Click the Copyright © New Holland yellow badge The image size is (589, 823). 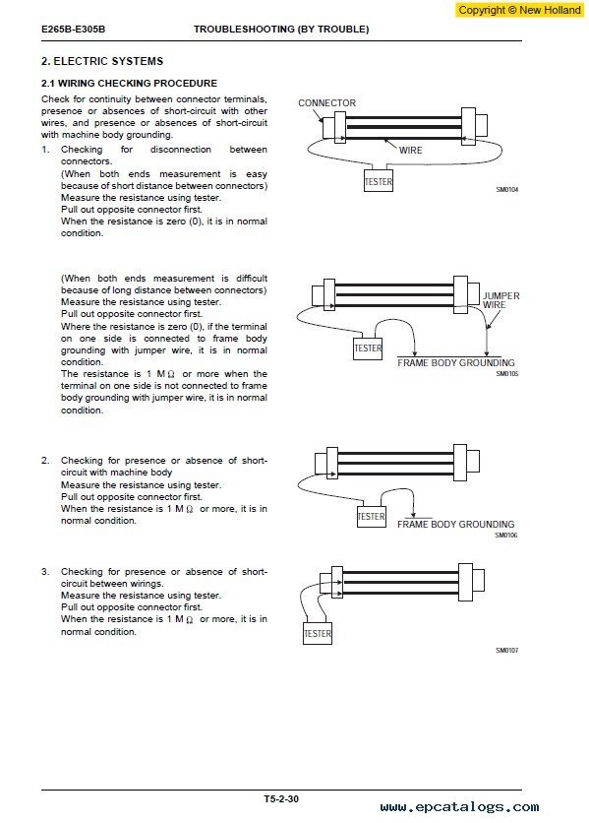pos(519,10)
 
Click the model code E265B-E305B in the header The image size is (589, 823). pos(73,30)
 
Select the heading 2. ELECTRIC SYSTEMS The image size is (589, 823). pos(102,61)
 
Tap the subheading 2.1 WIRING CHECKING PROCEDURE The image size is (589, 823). pos(129,84)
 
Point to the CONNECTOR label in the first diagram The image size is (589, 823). pos(326,102)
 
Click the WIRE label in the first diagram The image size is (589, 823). pos(410,150)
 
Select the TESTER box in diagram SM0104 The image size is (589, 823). pos(379,181)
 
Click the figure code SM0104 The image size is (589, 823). pos(506,189)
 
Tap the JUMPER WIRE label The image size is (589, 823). pos(501,300)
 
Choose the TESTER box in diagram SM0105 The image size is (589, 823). pos(368,348)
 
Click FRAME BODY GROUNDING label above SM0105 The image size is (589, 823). pos(456,362)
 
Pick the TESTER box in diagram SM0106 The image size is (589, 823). pos(372,517)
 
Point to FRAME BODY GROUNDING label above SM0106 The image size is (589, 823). pos(456,525)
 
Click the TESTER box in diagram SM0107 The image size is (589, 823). pos(318,634)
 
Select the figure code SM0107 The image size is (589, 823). pos(506,651)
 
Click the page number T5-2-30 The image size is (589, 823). pos(281,799)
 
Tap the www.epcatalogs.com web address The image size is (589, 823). pos(459,807)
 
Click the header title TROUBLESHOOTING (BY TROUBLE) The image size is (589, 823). pos(281,30)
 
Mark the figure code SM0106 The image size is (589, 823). pos(506,536)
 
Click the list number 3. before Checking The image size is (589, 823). pos(45,572)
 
